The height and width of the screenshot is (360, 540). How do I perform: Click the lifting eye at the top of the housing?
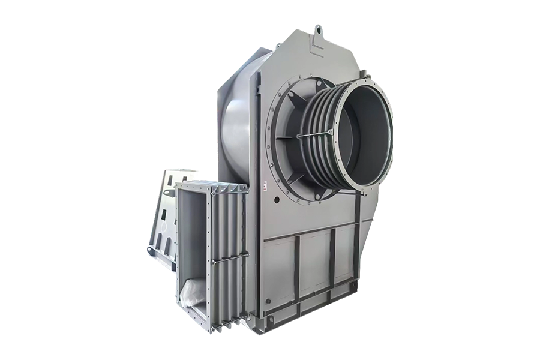318,28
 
